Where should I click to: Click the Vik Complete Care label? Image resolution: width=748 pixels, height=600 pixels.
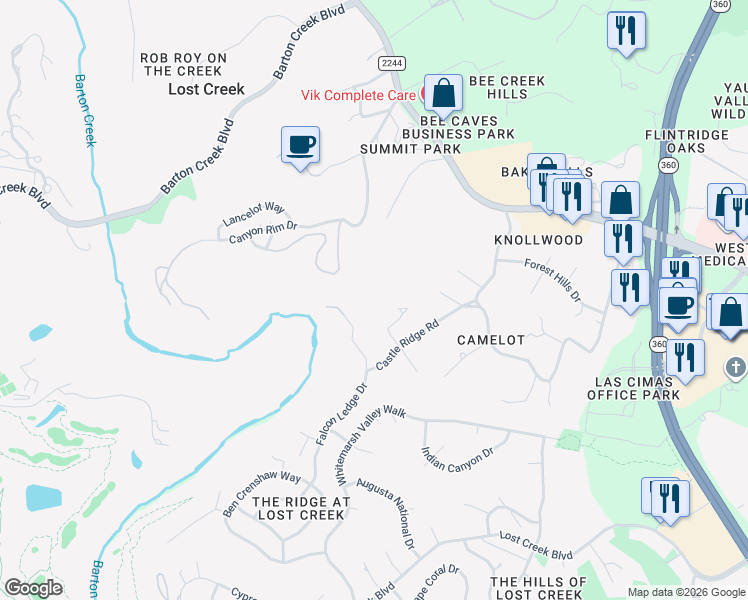tap(360, 95)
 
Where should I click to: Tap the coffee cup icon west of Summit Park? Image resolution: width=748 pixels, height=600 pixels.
tap(300, 146)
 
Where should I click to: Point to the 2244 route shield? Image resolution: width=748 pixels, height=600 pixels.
tap(392, 62)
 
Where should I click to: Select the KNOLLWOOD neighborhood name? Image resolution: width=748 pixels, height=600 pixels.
tap(538, 241)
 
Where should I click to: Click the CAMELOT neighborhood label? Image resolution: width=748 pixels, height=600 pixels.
tap(491, 340)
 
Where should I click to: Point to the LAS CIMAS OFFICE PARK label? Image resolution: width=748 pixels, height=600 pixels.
tap(628, 387)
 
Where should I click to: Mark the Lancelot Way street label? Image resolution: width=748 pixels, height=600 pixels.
tap(253, 214)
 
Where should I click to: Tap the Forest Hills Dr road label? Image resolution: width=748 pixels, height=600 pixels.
tap(553, 280)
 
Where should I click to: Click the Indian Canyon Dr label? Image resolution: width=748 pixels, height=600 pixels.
tap(458, 466)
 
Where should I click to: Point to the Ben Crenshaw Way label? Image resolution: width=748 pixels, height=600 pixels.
tap(261, 492)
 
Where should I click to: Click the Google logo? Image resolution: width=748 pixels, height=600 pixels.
tap(33, 588)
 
